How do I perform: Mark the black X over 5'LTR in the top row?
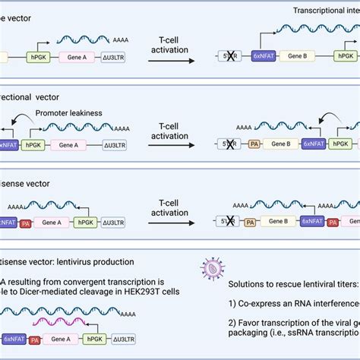tap(226, 56)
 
